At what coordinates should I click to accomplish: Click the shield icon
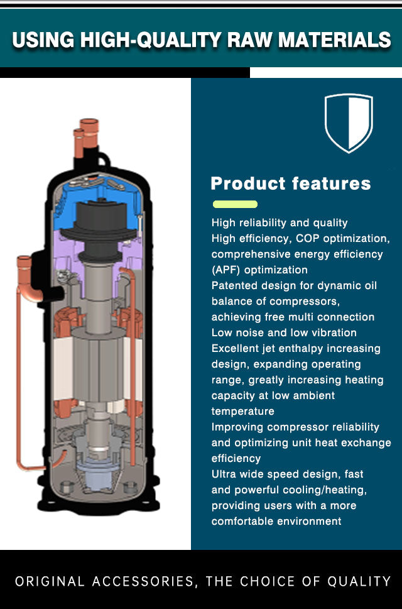349,123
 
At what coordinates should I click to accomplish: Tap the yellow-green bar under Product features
235,204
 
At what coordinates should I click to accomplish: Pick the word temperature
243,411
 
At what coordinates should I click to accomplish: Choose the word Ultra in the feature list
223,474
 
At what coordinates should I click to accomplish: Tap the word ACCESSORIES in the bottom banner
143,581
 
